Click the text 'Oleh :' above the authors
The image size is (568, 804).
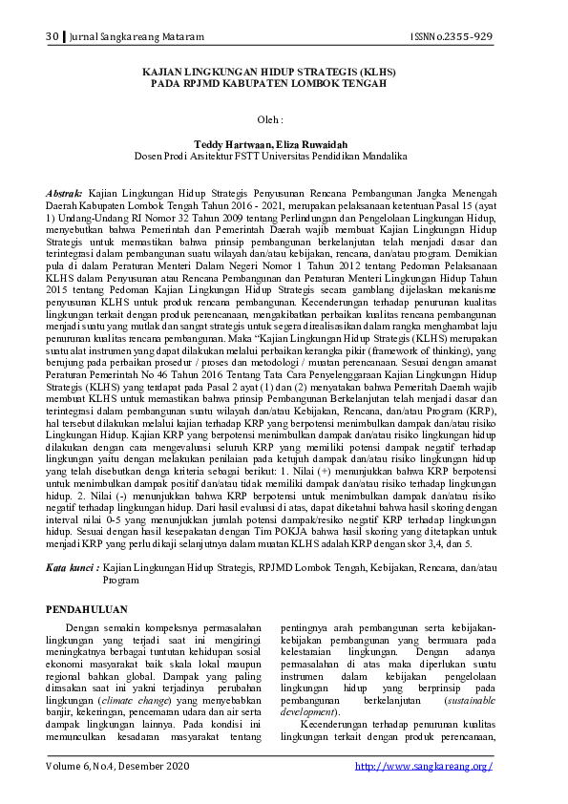pos(272,119)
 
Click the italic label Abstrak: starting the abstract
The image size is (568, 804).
pos(65,193)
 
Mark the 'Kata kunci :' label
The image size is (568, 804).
pos(72,567)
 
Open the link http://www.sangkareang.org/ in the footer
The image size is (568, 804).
pos(423,767)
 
